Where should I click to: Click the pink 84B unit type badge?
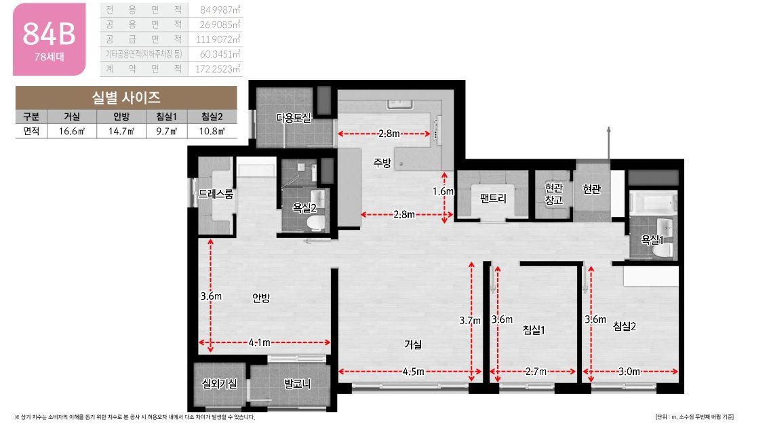tap(49, 39)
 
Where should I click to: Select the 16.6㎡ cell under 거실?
tap(72, 131)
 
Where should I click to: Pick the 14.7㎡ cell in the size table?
tap(121, 131)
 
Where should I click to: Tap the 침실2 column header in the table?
tap(212, 116)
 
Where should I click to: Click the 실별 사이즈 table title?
tap(126, 98)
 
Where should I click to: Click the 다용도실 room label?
tap(293, 118)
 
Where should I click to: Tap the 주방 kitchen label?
tap(382, 162)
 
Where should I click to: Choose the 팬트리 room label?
tap(493, 198)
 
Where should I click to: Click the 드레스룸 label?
tap(216, 194)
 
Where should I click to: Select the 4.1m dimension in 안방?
tap(260, 342)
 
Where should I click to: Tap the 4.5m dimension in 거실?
tap(414, 372)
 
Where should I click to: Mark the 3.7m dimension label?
tap(470, 320)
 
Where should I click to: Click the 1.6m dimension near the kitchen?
tap(443, 191)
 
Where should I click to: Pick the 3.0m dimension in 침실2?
tap(629, 372)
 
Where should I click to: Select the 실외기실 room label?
tap(220, 384)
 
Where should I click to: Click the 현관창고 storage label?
tap(554, 194)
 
